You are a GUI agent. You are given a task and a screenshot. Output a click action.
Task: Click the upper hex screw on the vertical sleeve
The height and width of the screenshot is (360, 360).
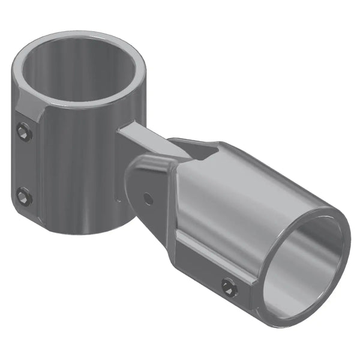(24, 131)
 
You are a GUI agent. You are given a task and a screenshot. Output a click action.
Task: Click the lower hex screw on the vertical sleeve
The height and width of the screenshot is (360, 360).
(23, 196)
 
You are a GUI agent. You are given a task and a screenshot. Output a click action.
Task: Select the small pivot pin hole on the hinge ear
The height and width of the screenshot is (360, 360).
(147, 197)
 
